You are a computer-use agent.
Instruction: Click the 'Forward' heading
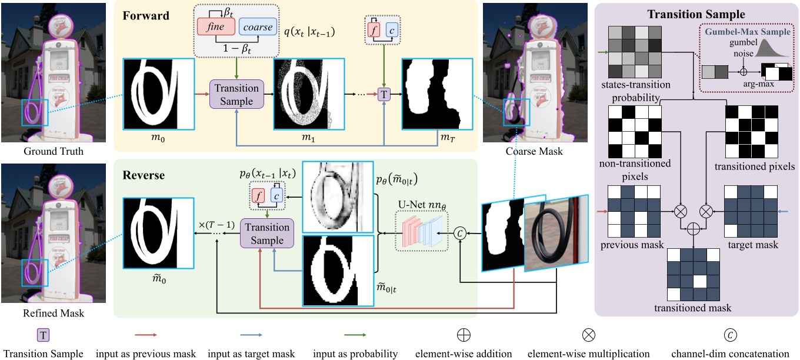(146, 16)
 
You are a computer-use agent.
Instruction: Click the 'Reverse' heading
(145, 176)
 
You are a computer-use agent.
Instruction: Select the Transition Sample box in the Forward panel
(236, 95)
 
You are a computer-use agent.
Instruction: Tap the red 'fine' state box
(215, 27)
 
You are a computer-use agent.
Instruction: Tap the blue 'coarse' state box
(258, 27)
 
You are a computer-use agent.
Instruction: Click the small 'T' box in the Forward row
(384, 94)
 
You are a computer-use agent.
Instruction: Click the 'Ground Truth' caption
(54, 152)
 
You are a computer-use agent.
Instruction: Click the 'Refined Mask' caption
(54, 313)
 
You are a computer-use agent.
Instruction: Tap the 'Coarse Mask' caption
(534, 152)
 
